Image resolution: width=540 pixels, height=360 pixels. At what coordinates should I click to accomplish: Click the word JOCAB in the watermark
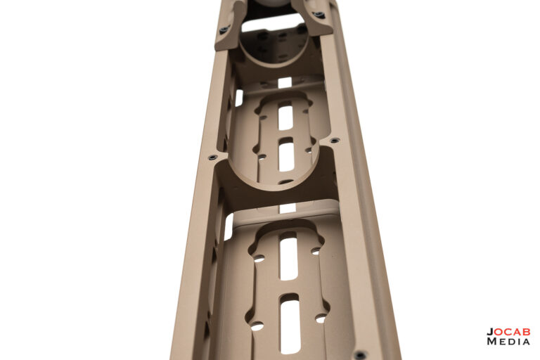(508, 332)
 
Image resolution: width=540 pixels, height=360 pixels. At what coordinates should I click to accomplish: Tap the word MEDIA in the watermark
(508, 341)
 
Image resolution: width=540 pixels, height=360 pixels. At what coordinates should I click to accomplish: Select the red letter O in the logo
(499, 332)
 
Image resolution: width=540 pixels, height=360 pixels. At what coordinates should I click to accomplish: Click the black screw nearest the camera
(360, 354)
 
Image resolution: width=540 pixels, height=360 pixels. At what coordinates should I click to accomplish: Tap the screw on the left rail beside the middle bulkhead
(212, 157)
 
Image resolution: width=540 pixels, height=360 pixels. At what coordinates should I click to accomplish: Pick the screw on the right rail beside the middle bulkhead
(335, 140)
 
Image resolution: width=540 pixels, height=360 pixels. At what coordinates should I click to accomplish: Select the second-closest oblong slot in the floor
(288, 256)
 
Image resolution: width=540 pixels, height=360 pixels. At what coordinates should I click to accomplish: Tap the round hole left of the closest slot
(257, 326)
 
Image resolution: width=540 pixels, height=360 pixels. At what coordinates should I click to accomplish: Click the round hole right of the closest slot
(321, 318)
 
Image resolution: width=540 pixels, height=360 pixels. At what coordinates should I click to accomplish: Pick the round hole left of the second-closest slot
(259, 258)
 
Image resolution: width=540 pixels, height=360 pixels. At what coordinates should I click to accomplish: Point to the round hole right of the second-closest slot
(315, 251)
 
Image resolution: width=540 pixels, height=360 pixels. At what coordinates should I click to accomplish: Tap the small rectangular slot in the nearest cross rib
(287, 208)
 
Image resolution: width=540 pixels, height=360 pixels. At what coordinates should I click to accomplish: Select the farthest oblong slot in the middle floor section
(285, 115)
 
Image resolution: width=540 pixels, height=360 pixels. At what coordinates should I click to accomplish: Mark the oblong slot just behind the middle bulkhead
(287, 155)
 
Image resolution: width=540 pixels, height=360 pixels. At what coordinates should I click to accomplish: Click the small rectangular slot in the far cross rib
(284, 82)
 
